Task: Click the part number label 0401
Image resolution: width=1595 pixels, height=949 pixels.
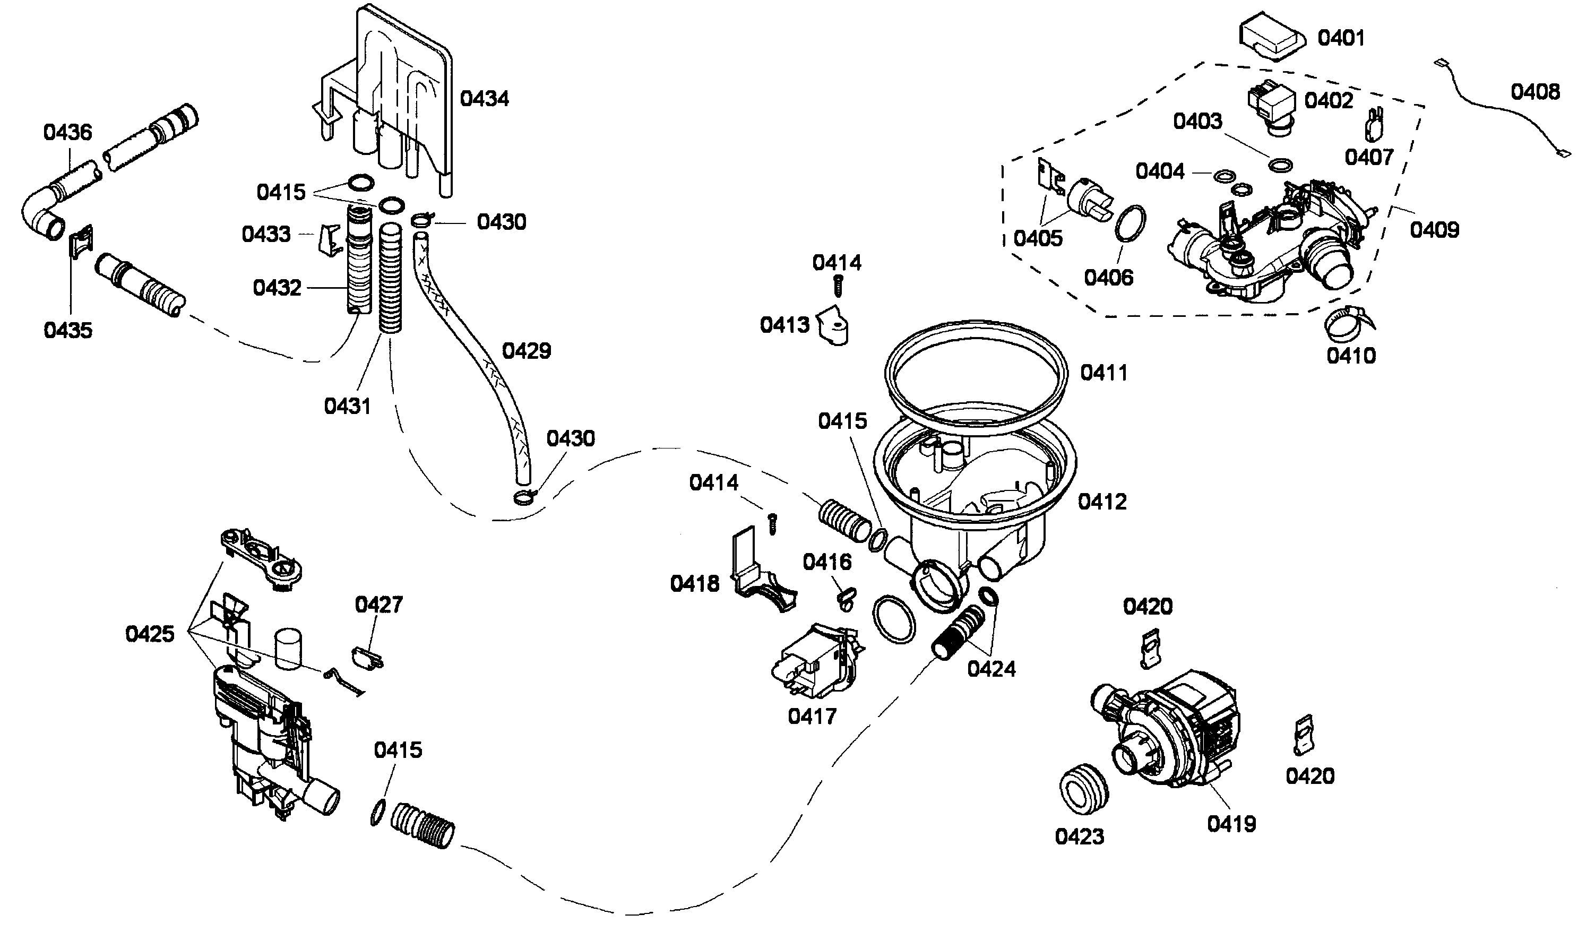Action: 1341,38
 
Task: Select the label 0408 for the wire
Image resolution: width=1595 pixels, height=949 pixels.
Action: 1535,92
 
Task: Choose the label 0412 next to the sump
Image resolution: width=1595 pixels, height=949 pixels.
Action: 1102,502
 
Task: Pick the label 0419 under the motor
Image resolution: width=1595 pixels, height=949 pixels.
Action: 1231,824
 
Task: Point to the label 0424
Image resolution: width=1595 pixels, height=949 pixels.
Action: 992,669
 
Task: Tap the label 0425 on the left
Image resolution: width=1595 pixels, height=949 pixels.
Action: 150,634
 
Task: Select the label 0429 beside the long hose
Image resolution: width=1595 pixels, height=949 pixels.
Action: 527,351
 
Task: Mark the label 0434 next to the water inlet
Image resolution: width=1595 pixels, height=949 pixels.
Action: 485,99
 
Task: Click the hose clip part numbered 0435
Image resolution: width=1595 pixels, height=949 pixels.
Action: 81,241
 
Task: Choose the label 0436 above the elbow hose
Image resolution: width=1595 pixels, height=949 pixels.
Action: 68,132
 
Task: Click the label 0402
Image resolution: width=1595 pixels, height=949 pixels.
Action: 1329,101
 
